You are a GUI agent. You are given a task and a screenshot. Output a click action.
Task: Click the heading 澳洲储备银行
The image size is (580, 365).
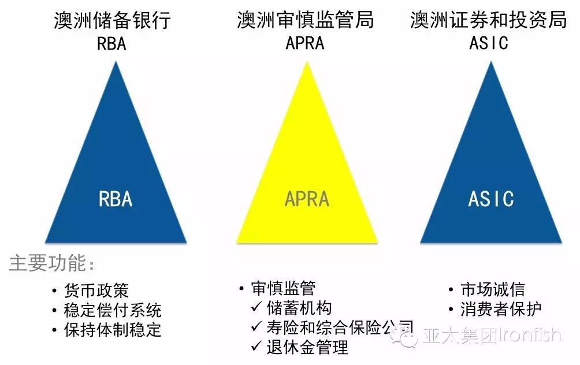(x=112, y=21)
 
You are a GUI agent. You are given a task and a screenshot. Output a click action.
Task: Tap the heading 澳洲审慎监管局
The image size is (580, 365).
(x=305, y=21)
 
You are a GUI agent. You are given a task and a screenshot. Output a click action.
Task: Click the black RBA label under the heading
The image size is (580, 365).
(x=111, y=43)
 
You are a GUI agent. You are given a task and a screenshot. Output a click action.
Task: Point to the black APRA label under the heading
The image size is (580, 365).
(x=305, y=43)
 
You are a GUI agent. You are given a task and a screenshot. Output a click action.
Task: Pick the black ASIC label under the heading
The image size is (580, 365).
(x=489, y=43)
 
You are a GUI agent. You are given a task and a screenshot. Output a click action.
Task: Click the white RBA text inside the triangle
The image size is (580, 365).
(x=116, y=199)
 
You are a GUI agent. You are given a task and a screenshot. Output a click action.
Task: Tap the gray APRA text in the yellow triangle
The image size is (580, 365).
(x=307, y=199)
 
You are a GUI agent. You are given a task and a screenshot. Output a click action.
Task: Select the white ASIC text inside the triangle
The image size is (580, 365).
(x=490, y=199)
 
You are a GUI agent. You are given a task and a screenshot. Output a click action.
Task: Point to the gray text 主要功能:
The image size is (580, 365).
(x=51, y=264)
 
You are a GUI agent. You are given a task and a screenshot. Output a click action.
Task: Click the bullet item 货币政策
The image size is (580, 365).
(x=96, y=290)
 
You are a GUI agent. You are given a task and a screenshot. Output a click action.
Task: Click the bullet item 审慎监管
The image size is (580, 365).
(x=284, y=288)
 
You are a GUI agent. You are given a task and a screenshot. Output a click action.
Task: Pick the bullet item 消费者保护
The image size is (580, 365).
(x=501, y=309)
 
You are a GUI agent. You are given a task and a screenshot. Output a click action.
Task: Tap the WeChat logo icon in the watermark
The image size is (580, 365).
(x=403, y=336)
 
